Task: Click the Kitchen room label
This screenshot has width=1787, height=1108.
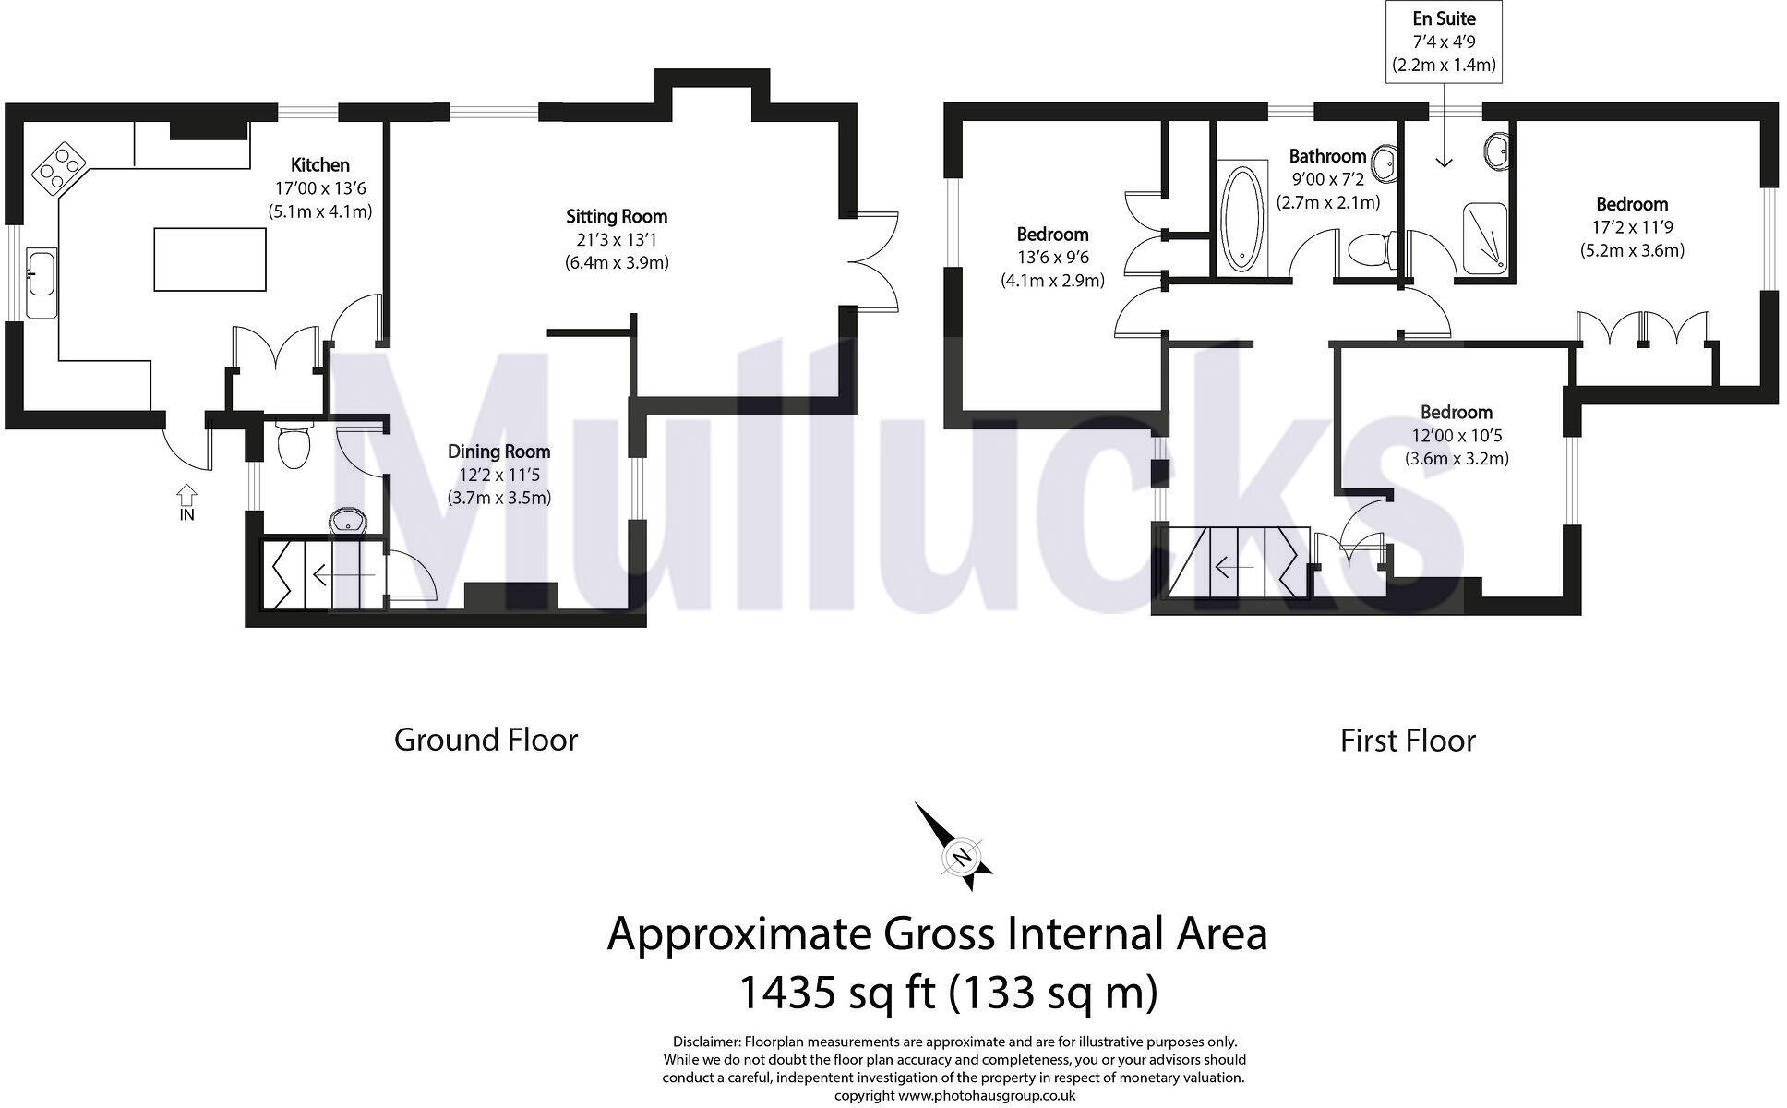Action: (319, 165)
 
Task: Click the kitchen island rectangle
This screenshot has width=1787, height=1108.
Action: (210, 260)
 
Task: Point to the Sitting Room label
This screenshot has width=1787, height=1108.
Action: (617, 217)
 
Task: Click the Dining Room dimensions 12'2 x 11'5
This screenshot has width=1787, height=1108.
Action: (498, 475)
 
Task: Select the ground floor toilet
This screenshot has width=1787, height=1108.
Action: (294, 446)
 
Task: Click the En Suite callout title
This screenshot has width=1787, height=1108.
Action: (1444, 18)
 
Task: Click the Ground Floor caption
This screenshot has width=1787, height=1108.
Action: (486, 740)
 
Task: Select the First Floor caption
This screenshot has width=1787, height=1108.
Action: (1408, 741)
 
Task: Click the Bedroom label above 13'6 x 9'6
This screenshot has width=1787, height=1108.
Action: (1052, 235)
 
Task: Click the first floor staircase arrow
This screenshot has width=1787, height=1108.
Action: (1233, 566)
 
